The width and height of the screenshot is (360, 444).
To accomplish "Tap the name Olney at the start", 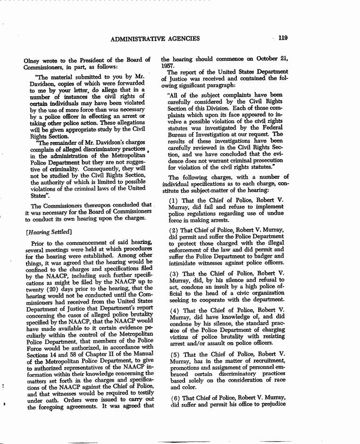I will click(33, 60).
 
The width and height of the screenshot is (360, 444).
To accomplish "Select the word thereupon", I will click(92, 205).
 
